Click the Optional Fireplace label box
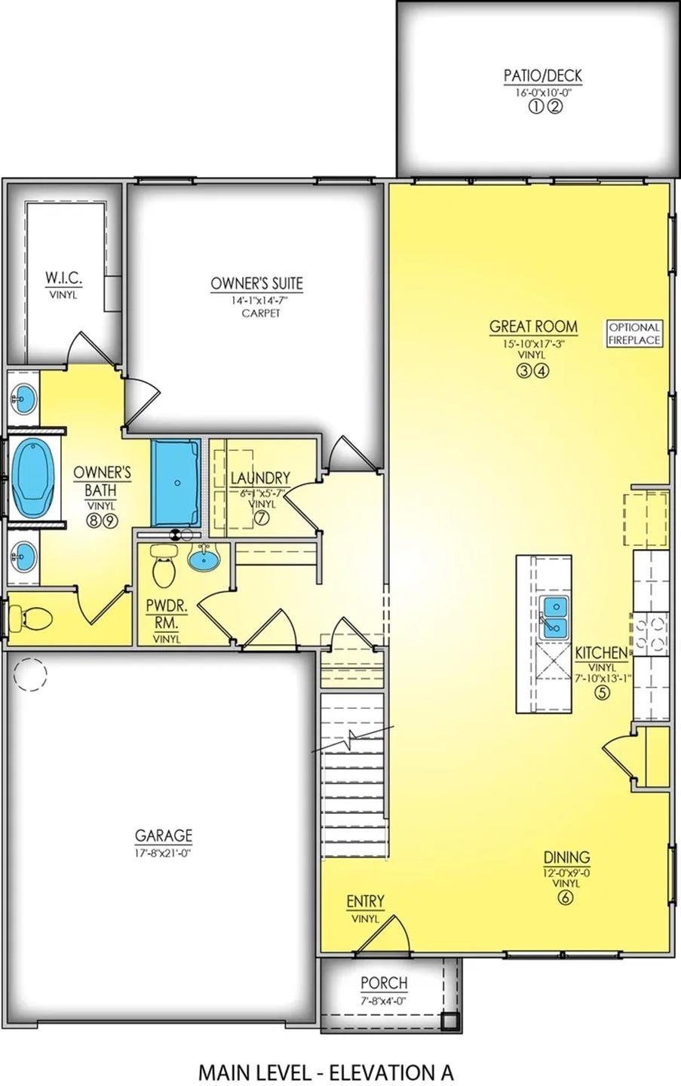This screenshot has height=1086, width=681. coord(634,333)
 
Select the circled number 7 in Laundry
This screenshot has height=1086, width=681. coord(261,518)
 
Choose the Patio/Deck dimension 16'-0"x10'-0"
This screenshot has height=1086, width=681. coord(542,93)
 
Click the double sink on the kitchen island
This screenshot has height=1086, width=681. coord(554,616)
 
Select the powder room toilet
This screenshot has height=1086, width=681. coord(164,566)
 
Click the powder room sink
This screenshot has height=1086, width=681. coord(204,558)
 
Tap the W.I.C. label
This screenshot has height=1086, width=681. coord(63,278)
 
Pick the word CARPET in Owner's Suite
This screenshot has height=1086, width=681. coord(261,313)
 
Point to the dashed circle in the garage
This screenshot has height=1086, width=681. coord(30,674)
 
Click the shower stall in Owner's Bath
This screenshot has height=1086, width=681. coord(176,483)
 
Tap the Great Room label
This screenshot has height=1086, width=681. coord(534,327)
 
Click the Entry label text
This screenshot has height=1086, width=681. coord(366,901)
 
